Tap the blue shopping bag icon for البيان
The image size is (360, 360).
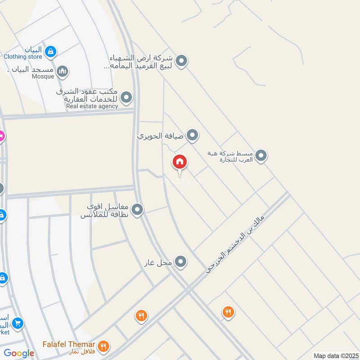coord(51,51)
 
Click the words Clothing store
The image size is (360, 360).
coord(22,57)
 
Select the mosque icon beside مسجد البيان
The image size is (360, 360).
coord(63,71)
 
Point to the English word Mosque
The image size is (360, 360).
coord(43,76)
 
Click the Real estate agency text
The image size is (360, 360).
coord(92,107)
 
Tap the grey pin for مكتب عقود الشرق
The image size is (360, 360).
coord(127,97)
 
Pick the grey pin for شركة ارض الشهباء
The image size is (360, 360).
coord(181,61)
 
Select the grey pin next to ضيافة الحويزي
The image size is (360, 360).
coord(193,135)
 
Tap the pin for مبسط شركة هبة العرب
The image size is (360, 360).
coord(261,156)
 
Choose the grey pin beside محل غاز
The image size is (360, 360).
coord(181,261)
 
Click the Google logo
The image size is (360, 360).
coord(19,354)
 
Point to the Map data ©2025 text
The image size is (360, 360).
coord(335,355)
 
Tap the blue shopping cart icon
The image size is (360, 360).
coord(18,323)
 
